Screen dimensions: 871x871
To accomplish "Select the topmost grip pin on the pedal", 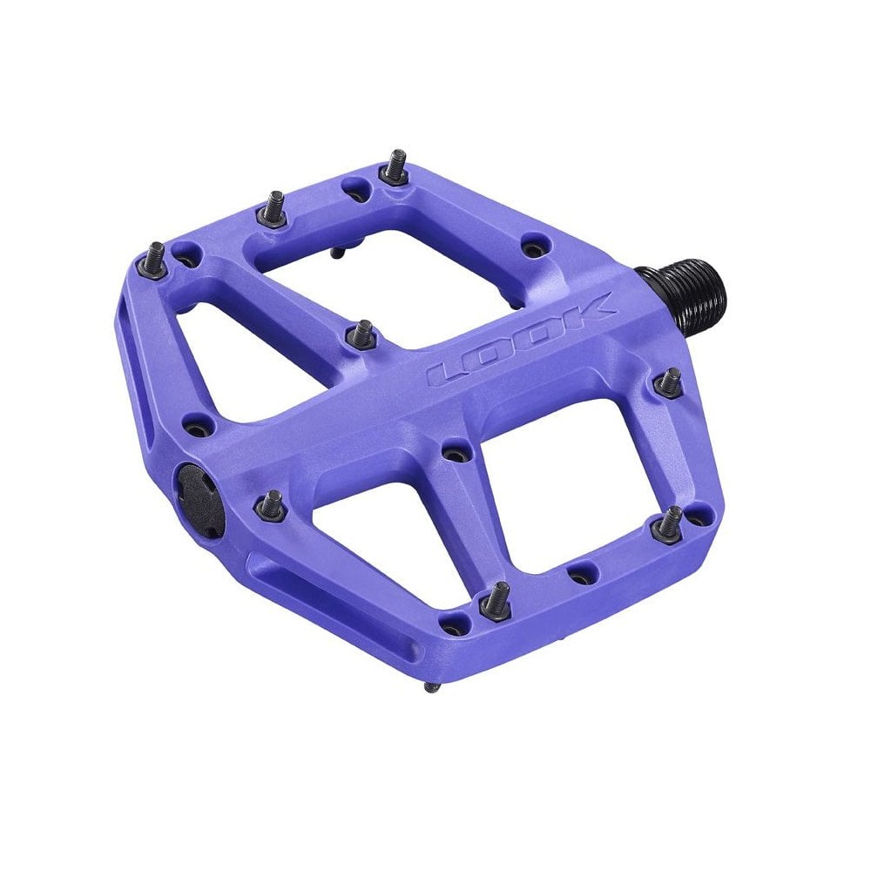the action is pos(395,166).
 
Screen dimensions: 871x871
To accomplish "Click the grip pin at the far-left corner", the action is pos(156,256).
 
